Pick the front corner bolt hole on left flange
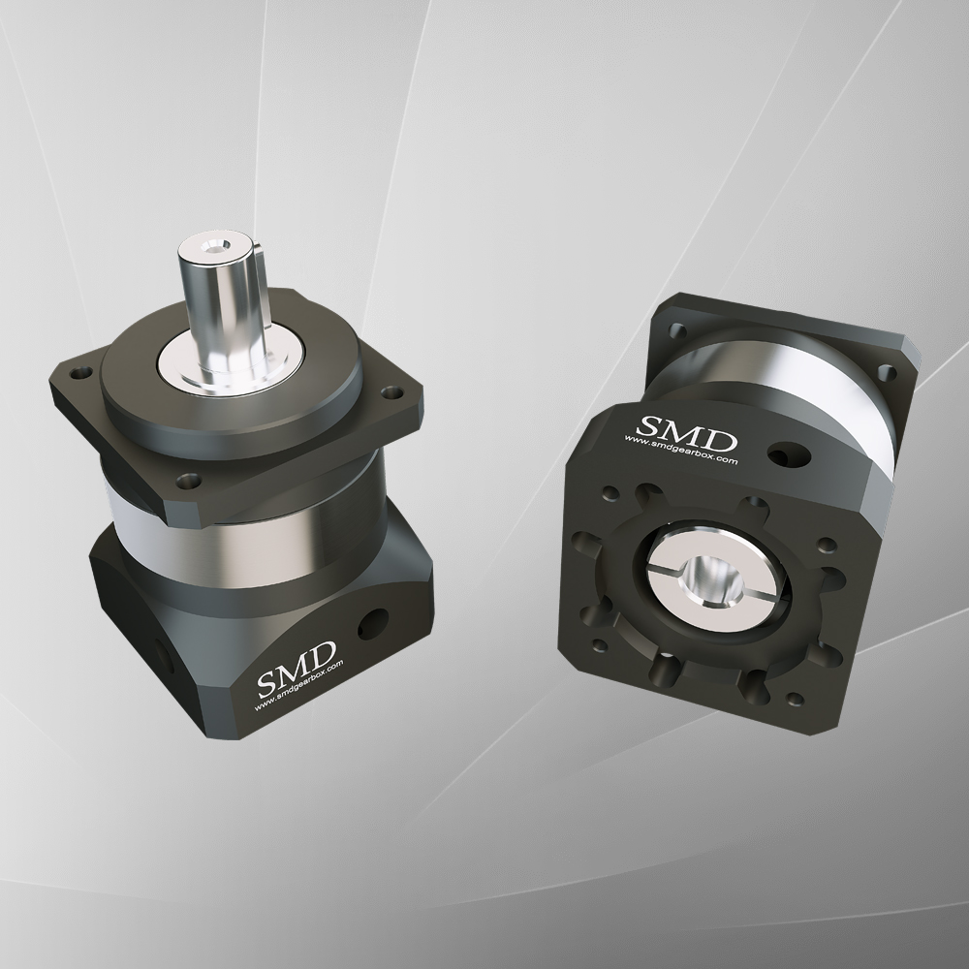pos(187,478)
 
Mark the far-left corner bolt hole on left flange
pos(79,369)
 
